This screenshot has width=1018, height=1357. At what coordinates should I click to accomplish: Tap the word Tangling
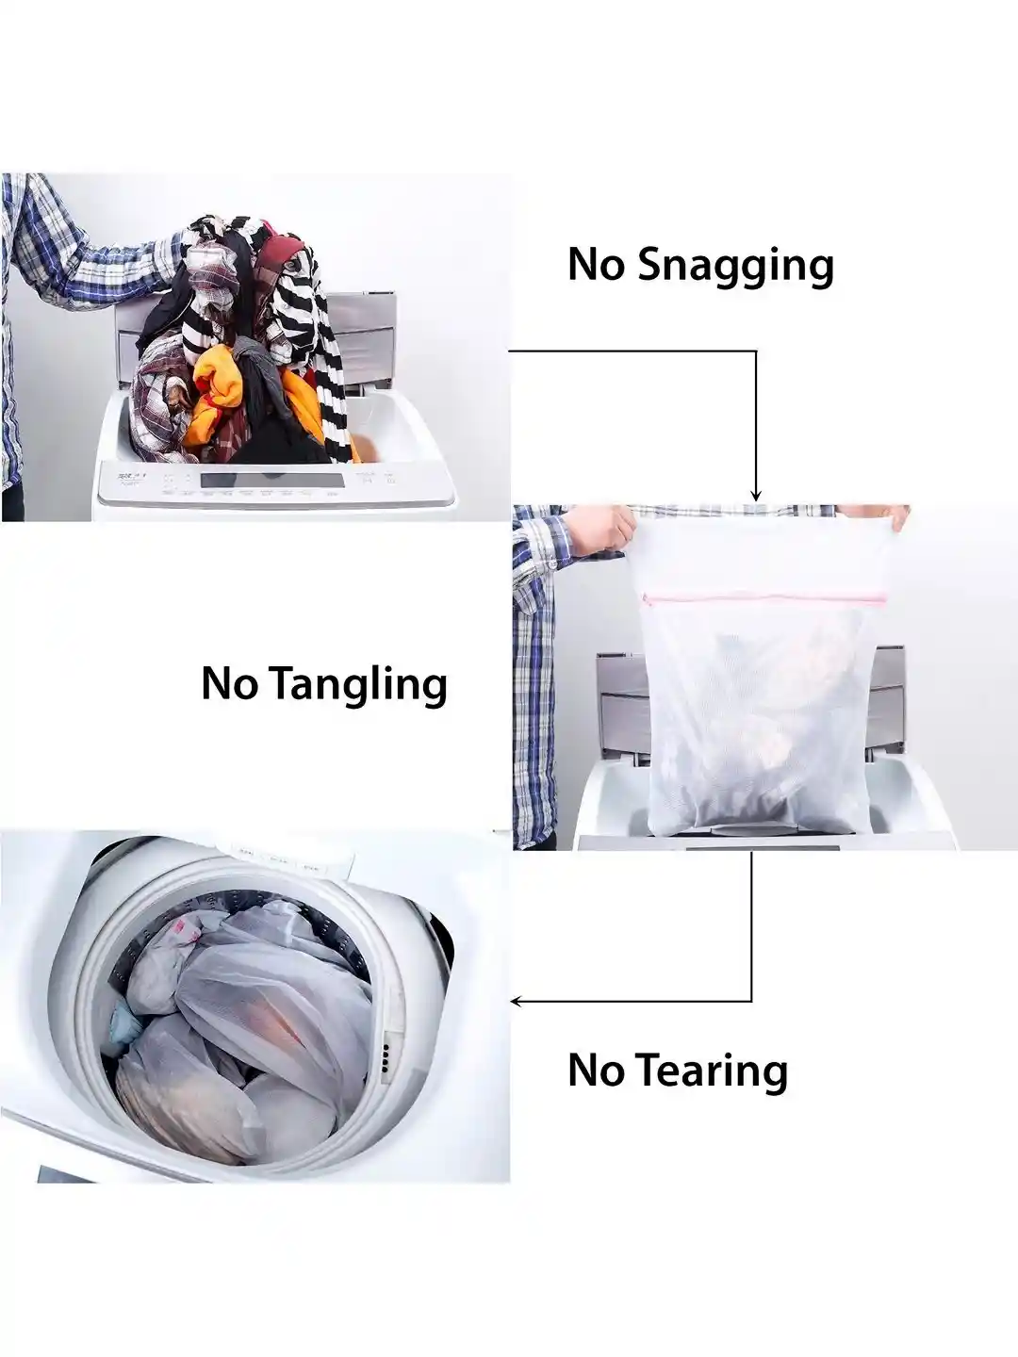pyautogui.click(x=357, y=684)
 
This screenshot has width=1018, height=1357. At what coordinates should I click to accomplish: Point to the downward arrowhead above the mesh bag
pyautogui.click(x=755, y=495)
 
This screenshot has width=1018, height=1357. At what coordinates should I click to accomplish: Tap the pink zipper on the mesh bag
pyautogui.click(x=763, y=597)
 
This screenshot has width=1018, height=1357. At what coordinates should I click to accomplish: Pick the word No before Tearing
pyautogui.click(x=596, y=1071)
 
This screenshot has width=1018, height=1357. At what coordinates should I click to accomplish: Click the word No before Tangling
pyautogui.click(x=229, y=684)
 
